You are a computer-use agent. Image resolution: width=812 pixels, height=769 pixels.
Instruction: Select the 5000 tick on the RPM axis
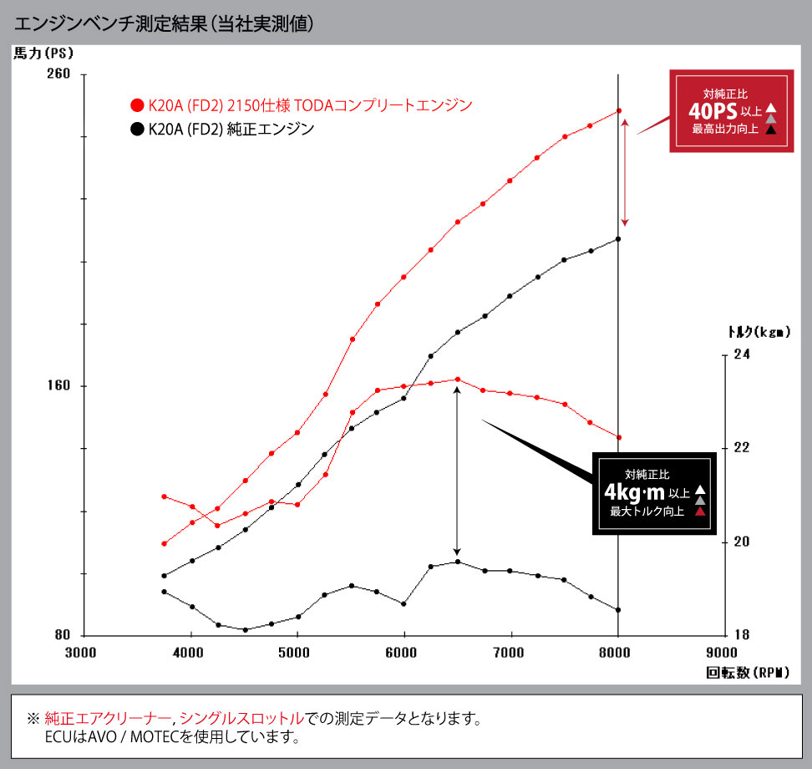[x=297, y=653]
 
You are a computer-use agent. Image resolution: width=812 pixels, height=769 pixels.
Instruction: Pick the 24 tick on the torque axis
[x=740, y=354]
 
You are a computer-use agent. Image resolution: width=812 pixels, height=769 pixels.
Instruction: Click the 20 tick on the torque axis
[x=740, y=542]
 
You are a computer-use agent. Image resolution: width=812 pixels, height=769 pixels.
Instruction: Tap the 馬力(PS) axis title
[x=43, y=53]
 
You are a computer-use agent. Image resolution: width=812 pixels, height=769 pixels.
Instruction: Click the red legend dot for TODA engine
[x=136, y=106]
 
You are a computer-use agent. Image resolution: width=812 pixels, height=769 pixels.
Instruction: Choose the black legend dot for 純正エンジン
[x=136, y=130]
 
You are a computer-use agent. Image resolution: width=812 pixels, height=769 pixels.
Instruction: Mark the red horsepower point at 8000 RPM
[x=619, y=110]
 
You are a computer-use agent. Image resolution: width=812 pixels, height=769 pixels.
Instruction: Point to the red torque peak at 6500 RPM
[x=457, y=379]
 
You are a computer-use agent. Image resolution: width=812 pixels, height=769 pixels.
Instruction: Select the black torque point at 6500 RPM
[x=457, y=562]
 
